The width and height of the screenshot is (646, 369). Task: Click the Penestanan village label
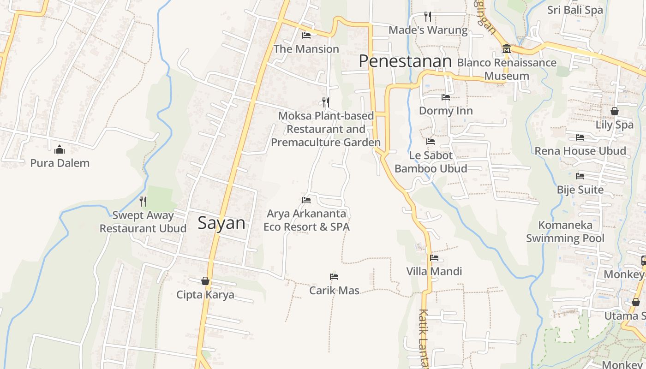pyautogui.click(x=405, y=61)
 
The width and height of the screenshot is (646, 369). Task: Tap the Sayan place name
pyautogui.click(x=221, y=223)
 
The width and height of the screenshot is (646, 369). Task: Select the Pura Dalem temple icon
pyautogui.click(x=60, y=149)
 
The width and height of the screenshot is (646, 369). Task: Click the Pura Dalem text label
pyautogui.click(x=60, y=163)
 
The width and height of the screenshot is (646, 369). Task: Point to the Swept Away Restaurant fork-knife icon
pyautogui.click(x=143, y=201)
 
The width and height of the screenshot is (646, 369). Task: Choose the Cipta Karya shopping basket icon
pyautogui.click(x=205, y=280)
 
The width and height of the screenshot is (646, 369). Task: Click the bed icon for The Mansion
pyautogui.click(x=306, y=35)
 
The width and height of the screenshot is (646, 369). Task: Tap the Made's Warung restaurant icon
pyautogui.click(x=428, y=17)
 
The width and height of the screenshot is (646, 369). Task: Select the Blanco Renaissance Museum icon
pyautogui.click(x=506, y=49)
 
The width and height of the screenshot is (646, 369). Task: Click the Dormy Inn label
pyautogui.click(x=446, y=111)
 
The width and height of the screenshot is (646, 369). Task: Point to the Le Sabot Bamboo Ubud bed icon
pyautogui.click(x=431, y=142)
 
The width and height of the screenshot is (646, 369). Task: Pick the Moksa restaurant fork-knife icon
pyautogui.click(x=326, y=102)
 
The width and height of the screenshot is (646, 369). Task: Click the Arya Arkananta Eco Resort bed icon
pyautogui.click(x=306, y=200)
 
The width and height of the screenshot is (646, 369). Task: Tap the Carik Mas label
pyautogui.click(x=334, y=291)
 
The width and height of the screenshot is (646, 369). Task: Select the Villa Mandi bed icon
pyautogui.click(x=434, y=258)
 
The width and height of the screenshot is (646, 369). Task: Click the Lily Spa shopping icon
pyautogui.click(x=614, y=111)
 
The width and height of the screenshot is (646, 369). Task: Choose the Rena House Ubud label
pyautogui.click(x=580, y=151)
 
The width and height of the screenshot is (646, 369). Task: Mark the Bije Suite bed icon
pyautogui.click(x=580, y=176)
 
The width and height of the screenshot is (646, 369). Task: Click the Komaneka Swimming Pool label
pyautogui.click(x=565, y=232)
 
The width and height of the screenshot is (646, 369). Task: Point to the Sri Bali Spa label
pyautogui.click(x=575, y=10)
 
